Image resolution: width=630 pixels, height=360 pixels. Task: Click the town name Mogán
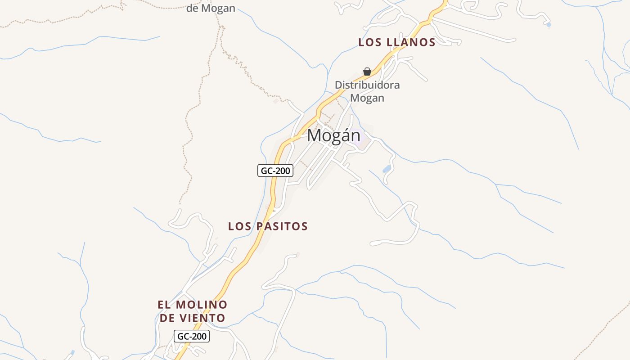333,135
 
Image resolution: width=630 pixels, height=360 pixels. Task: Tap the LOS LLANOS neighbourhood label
396,43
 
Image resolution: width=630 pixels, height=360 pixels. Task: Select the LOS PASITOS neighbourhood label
268,226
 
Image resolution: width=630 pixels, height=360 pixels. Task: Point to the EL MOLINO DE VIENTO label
193,311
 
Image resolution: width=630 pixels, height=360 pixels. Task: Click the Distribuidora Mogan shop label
367,91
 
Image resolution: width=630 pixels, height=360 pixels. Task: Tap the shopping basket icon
367,72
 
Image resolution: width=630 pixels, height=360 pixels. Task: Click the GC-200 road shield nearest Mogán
275,171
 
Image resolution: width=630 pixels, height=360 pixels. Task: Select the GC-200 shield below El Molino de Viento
192,336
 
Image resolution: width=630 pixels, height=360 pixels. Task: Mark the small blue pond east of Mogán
387,169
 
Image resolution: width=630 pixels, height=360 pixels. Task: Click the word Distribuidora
367,85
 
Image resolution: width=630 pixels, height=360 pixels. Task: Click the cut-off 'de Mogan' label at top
211,8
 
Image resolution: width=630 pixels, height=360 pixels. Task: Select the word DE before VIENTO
167,318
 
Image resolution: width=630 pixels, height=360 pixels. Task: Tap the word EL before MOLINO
164,305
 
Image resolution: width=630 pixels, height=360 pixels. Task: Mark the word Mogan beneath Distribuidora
367,98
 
